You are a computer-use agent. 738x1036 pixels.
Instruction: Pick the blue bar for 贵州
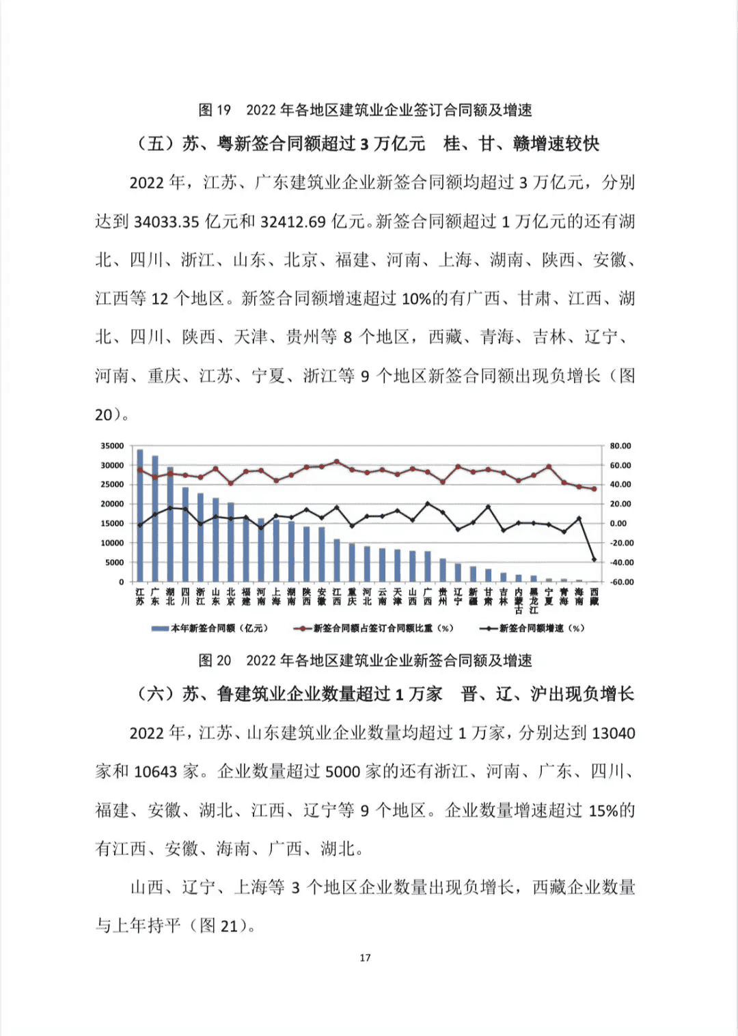click(x=443, y=570)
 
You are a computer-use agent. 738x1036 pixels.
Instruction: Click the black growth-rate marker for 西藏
click(x=594, y=559)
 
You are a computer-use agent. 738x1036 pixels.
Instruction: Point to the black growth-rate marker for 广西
click(x=428, y=504)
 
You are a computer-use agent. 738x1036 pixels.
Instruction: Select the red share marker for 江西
click(x=337, y=462)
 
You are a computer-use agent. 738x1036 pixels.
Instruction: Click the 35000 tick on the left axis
click(x=113, y=446)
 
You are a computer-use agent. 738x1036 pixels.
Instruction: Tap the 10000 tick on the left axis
click(x=113, y=543)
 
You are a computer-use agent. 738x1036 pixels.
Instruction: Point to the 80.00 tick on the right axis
click(x=620, y=446)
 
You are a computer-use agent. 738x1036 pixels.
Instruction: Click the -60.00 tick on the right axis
click(x=620, y=582)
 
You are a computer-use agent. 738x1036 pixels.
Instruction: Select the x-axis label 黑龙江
click(x=534, y=601)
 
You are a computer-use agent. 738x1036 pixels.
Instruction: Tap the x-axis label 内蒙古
click(x=519, y=601)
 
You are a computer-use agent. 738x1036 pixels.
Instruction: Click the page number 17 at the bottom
click(x=365, y=957)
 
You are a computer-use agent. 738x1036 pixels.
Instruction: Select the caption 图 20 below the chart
click(x=215, y=660)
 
